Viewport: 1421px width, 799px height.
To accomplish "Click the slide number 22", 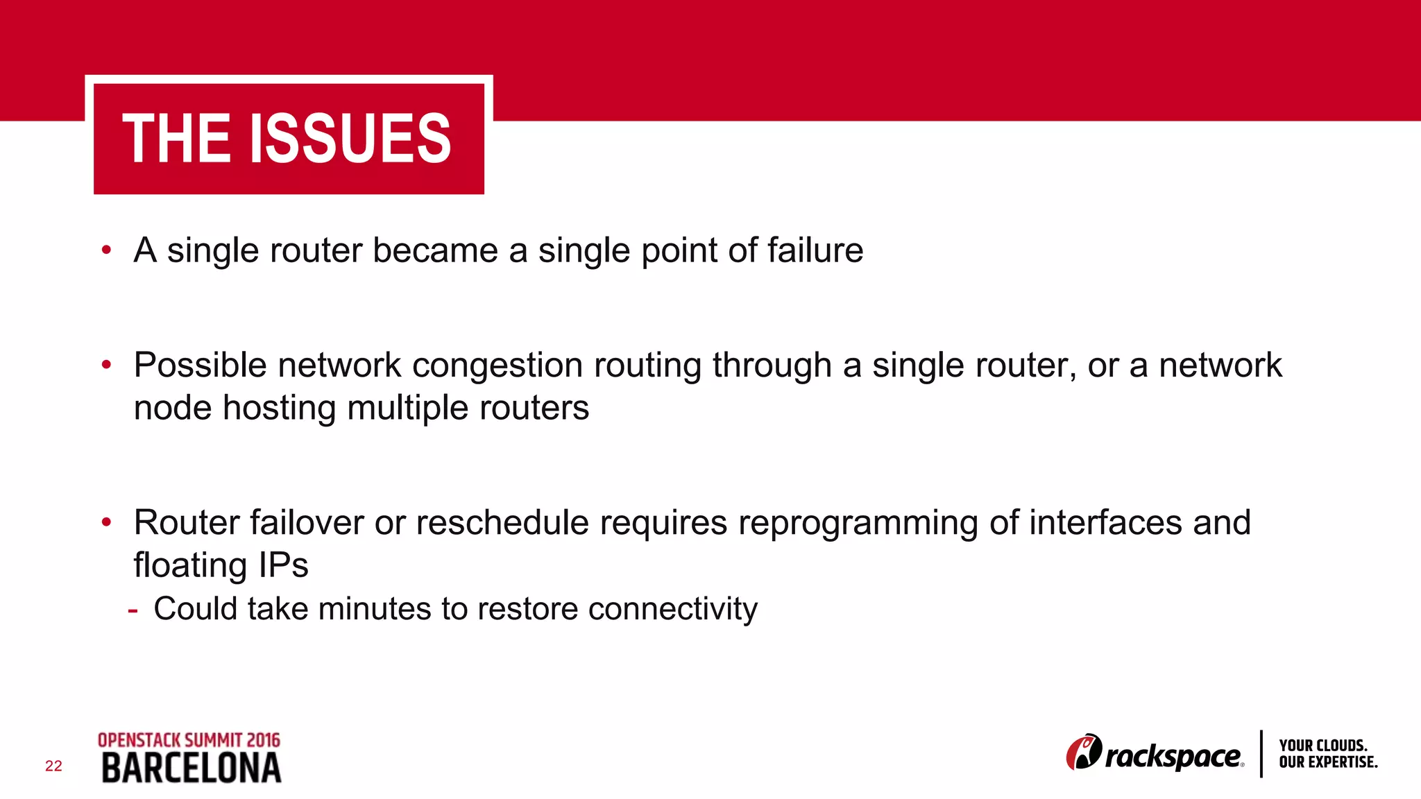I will tap(53, 766).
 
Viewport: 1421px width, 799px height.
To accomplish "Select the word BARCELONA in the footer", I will tap(191, 768).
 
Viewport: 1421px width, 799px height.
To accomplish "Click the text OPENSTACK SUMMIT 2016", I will tap(189, 740).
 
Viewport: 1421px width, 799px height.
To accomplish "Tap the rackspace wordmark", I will tap(1173, 756).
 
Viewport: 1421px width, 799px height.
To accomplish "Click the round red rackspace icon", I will tap(1083, 752).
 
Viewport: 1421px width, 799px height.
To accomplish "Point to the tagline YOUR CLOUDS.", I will tap(1322, 746).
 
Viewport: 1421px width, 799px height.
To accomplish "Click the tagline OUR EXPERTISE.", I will tap(1328, 762).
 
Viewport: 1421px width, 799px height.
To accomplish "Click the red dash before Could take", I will tap(133, 611).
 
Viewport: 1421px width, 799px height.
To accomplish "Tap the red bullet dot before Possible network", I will tap(106, 364).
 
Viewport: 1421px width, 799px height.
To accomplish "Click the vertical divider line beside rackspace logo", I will tap(1261, 754).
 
